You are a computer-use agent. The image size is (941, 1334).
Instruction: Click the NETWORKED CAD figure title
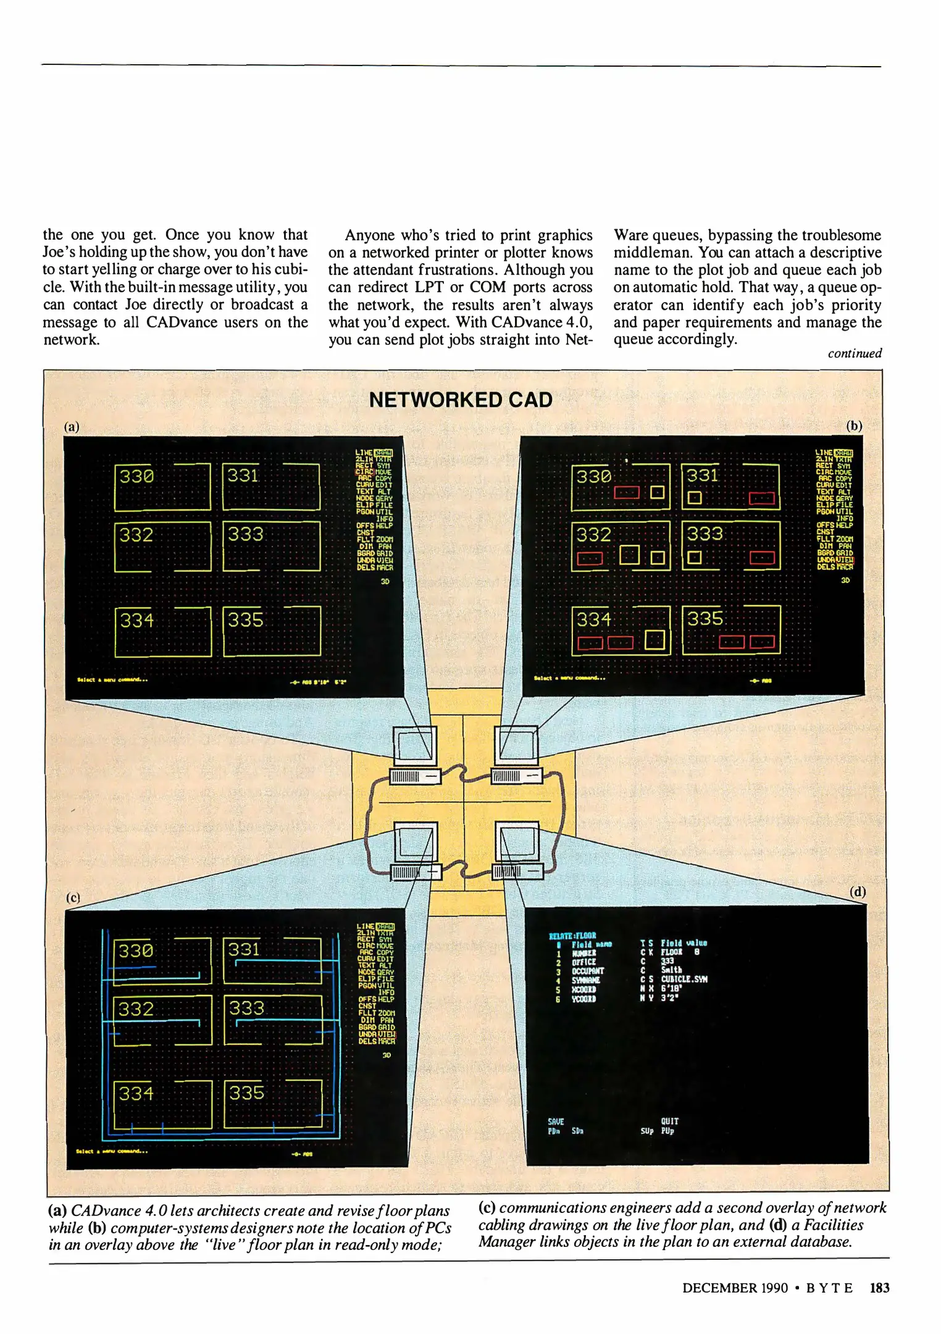coord(461,400)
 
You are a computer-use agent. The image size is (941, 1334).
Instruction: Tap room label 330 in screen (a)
coord(136,476)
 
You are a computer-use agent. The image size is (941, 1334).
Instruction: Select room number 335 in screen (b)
coord(705,618)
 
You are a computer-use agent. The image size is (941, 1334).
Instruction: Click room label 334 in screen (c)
coord(136,1093)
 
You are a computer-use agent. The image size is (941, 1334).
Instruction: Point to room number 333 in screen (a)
coord(245,534)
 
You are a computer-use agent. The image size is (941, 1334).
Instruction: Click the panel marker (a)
coord(72,426)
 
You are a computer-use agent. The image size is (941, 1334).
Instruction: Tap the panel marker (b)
coord(854,426)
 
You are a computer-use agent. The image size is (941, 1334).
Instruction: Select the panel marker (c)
coord(73,897)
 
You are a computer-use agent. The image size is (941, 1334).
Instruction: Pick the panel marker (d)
coord(858,892)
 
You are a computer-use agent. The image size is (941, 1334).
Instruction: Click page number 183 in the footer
coord(879,1288)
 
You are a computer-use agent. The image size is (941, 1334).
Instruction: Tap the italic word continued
coord(855,353)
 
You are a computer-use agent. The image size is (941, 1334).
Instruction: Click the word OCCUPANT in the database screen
coord(587,971)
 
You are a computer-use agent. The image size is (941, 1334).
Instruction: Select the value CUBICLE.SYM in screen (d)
coord(684,979)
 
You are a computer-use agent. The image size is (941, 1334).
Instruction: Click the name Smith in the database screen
coord(671,970)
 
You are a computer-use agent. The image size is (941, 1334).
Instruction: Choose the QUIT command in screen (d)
coord(669,1121)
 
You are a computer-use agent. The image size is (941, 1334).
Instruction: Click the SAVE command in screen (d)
coord(556,1122)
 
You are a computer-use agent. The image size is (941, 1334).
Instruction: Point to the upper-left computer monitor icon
coord(415,745)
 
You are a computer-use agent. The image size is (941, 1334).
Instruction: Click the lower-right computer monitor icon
coord(517,842)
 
